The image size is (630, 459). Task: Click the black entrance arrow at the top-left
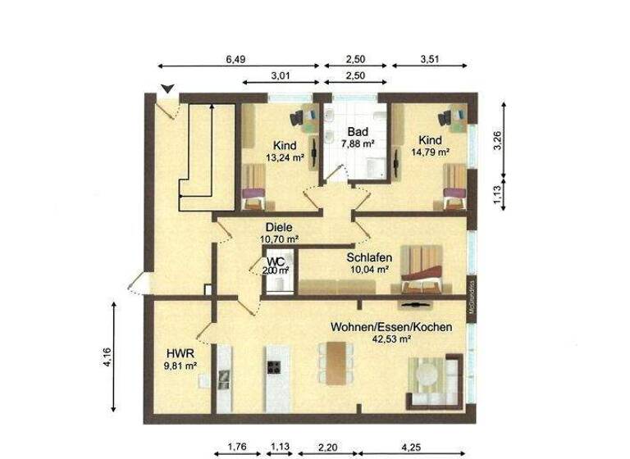click(167, 89)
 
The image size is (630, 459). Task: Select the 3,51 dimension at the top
click(430, 58)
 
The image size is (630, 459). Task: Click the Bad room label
click(357, 132)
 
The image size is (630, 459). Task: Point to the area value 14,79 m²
click(431, 152)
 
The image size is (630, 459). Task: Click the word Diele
click(279, 228)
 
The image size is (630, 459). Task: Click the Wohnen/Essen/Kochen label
click(391, 327)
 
